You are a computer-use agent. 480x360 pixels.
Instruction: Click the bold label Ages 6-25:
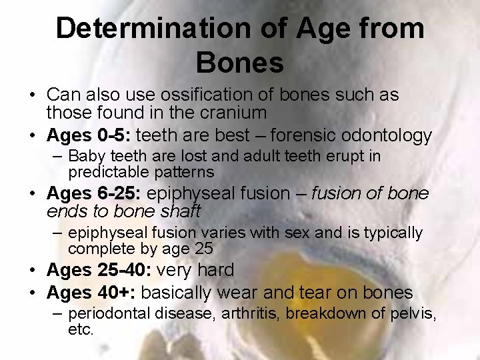pos(94,193)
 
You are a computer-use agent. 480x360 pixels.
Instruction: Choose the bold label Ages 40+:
pos(91,293)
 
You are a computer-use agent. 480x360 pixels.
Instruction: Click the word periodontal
pos(110,313)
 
